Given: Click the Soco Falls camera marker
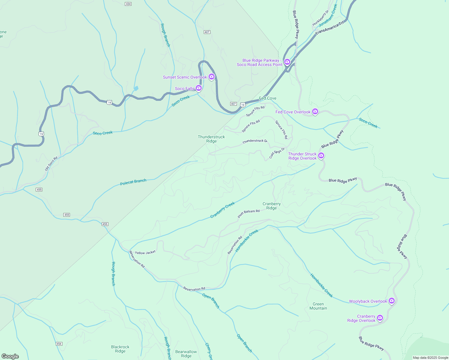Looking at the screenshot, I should click(198, 88).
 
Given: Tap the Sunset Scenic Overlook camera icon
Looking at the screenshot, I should click(212, 77).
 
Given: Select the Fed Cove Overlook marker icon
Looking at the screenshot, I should click(315, 112).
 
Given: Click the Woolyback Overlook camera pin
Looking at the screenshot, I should click(391, 301).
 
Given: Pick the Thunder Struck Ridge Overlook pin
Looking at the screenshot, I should click(321, 155).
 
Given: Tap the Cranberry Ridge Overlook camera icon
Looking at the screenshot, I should click(380, 318).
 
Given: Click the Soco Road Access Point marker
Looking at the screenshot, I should click(287, 62).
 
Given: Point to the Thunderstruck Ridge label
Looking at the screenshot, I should click(211, 139).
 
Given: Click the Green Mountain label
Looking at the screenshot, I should click(318, 306).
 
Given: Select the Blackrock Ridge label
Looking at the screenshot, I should click(120, 349).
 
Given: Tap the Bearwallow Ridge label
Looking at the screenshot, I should click(186, 354).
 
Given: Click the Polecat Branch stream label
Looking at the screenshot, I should click(133, 182).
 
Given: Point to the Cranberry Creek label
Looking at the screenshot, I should click(222, 210).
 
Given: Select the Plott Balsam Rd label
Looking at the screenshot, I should click(249, 213).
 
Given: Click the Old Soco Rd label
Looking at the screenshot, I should click(51, 164).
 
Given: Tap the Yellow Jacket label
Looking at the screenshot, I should click(145, 253).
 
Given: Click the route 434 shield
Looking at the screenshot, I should click(128, 4).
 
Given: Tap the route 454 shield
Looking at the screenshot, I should click(59, 344).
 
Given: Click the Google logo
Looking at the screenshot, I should click(10, 356).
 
